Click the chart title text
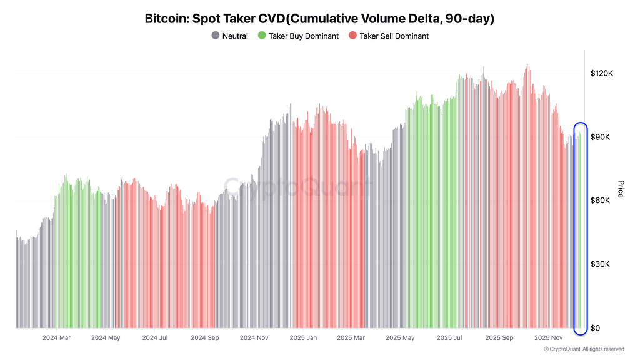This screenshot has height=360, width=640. (x=319, y=19)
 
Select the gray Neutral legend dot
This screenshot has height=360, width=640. (x=216, y=36)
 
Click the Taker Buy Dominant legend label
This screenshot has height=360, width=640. (x=303, y=36)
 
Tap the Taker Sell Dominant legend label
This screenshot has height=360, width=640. (x=394, y=36)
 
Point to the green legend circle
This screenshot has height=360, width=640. (x=262, y=36)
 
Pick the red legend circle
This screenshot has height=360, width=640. (x=352, y=36)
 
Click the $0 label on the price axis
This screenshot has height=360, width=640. (x=596, y=328)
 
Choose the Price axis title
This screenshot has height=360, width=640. (x=621, y=189)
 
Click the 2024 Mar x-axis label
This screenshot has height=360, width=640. (x=56, y=338)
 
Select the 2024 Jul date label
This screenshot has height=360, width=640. (x=154, y=338)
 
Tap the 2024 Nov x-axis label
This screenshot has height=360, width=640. (x=254, y=338)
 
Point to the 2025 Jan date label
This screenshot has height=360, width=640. (x=303, y=338)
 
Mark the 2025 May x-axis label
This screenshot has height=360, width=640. (x=400, y=338)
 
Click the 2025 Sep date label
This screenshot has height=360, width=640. (x=499, y=338)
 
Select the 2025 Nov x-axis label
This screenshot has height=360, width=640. (x=549, y=338)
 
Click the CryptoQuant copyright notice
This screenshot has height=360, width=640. (x=584, y=349)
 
